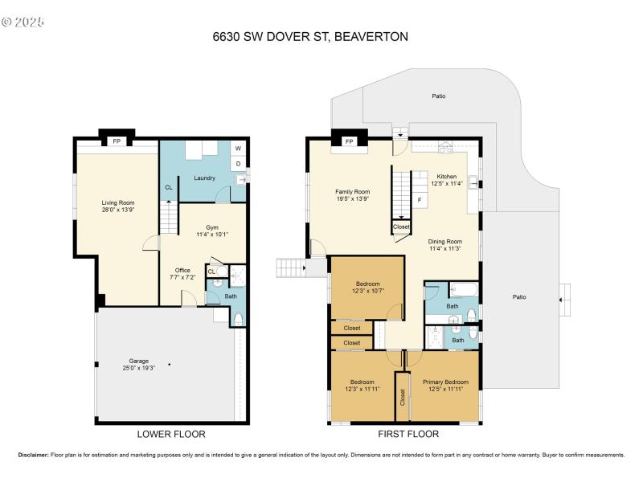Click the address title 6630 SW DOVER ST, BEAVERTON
coord(321,36)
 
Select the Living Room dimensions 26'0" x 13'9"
coord(117,210)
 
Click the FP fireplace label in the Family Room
coord(349,142)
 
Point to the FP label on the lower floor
coord(117,142)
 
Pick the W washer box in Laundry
coord(238,149)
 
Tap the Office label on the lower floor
coord(180,270)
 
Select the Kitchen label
coord(446,177)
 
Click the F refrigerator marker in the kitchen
coord(419,198)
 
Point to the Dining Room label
coord(444,241)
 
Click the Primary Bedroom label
coord(445,382)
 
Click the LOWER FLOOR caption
coord(171,434)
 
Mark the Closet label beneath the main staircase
coord(401,227)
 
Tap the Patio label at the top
coord(438,96)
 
